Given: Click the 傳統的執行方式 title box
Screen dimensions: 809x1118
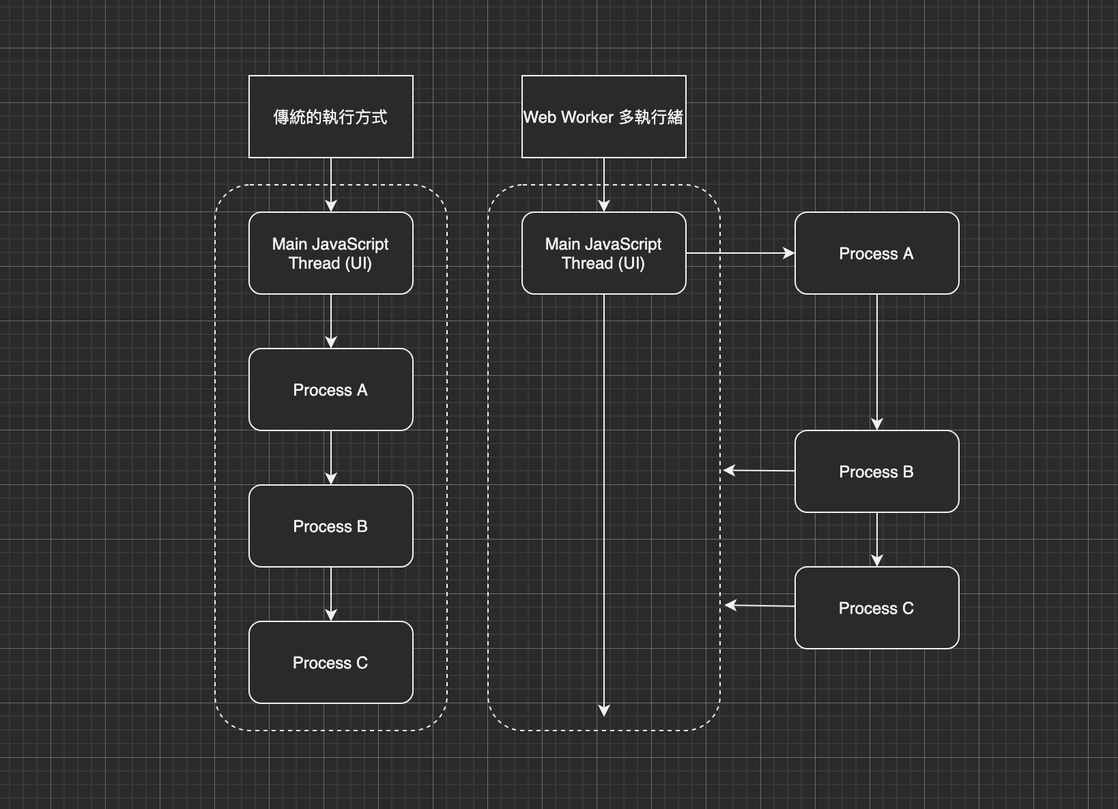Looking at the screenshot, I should coord(331,117).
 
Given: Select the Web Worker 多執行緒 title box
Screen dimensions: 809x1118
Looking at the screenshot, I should coord(604,117).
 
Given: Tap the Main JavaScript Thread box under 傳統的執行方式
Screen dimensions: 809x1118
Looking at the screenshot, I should coord(331,253).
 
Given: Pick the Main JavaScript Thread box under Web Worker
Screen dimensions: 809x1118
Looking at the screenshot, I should coord(604,253).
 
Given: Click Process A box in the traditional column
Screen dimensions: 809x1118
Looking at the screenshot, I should coord(331,389).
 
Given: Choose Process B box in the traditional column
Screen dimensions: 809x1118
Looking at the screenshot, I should coord(331,526).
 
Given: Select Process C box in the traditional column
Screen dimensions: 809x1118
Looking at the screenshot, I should coord(331,662).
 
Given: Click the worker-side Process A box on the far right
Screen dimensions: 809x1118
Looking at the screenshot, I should coord(877,253).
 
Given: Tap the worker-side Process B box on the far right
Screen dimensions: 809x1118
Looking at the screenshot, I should coord(877,471).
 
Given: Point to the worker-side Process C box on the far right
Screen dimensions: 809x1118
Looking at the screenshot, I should coord(877,608).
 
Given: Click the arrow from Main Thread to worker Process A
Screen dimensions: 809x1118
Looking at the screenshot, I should coord(741,253).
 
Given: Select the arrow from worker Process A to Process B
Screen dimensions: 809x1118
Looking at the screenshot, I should coord(877,362).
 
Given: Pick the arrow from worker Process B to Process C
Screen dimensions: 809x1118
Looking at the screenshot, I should coord(877,539).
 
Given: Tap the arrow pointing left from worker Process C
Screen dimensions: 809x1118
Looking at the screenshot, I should coord(760,605).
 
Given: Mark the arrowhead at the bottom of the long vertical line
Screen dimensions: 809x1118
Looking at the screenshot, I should coord(604,710).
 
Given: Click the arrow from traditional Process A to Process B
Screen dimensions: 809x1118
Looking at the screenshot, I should coord(331,457).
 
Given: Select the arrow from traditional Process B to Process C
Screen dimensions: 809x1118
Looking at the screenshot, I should coord(331,593).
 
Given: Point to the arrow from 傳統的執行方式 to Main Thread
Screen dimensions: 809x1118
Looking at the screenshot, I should coord(331,184).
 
